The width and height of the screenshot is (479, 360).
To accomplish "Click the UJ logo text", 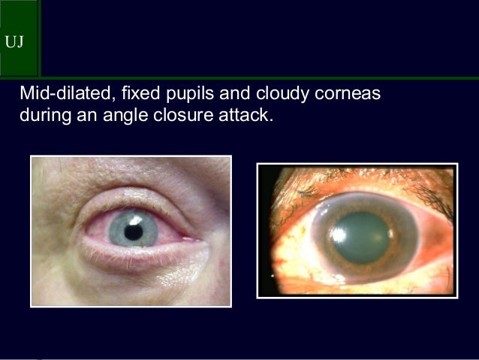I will pos(14,41).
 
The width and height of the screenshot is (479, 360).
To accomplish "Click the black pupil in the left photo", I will pos(133,232).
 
